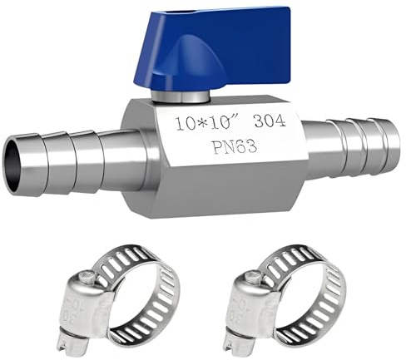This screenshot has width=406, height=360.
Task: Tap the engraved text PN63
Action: pyautogui.click(x=235, y=146)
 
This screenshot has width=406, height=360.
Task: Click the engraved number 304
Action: pyautogui.click(x=270, y=121)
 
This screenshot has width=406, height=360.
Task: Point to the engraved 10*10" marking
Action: pyautogui.click(x=208, y=123)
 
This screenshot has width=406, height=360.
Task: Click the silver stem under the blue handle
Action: pyautogui.click(x=180, y=96)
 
